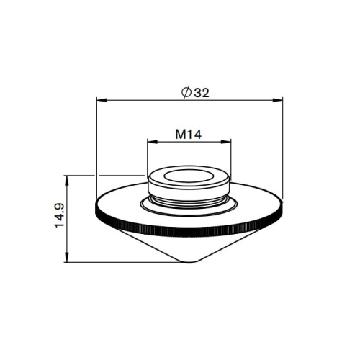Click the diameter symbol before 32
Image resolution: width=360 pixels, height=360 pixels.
click(186, 92)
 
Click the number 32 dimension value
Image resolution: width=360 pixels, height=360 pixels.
click(202, 93)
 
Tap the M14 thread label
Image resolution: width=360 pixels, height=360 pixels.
click(189, 135)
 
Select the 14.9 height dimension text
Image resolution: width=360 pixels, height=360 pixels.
click(60, 215)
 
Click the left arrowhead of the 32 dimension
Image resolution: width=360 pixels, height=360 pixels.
click(102, 100)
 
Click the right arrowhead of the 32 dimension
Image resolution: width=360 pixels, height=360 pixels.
click(278, 100)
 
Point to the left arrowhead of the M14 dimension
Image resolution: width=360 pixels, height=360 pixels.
click(153, 142)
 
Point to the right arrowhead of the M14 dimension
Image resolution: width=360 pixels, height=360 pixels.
click(226, 142)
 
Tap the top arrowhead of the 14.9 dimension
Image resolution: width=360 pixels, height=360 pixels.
click(67, 181)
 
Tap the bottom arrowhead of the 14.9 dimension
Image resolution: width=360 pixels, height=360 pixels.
click(67, 257)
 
